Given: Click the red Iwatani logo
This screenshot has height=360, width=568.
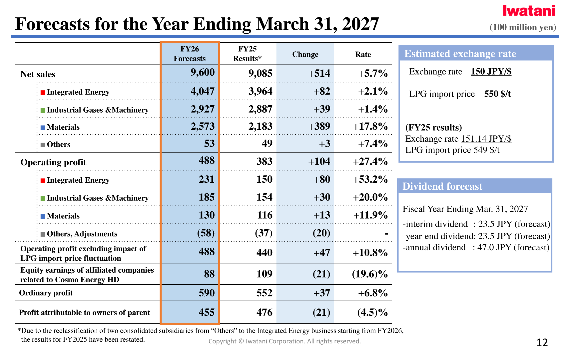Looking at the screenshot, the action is tap(529, 11).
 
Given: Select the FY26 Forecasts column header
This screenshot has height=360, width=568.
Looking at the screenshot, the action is tap(190, 54).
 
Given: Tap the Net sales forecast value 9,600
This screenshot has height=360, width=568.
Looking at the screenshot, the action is tap(203, 73).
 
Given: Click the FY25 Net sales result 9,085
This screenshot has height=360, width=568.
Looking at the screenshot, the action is tap(260, 73).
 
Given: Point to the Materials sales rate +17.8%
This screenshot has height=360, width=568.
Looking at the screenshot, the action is tap(370, 126).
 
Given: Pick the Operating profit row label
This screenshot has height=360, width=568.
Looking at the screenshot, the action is tap(53, 162).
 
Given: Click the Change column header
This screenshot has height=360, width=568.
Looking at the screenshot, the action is tap(305, 54).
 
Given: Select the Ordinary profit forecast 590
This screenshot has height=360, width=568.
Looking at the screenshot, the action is tap(207, 293).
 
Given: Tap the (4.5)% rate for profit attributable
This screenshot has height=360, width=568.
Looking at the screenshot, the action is tap(372, 312).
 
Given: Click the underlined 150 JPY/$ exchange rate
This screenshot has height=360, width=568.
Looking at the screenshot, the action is tap(491, 72).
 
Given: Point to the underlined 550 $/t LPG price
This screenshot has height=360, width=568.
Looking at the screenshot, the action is tap(497, 94).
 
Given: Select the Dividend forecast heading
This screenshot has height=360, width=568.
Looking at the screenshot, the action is tap(442, 186).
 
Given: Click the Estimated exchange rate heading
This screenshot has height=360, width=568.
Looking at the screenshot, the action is tap(460, 54).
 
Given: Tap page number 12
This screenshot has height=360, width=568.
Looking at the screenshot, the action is tap(542, 343).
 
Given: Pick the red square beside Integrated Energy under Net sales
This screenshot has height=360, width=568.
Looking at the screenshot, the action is tap(43, 92).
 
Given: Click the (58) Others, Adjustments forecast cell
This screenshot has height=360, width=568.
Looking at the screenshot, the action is tap(206, 233).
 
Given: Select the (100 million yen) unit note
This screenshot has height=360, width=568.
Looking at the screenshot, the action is tap(523, 27).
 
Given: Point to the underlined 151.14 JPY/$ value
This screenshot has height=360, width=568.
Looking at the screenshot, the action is tap(486, 139).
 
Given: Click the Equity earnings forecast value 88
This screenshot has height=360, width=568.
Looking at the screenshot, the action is tap(210, 274).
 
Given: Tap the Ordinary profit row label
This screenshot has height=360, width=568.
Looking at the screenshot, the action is tap(46, 293).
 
